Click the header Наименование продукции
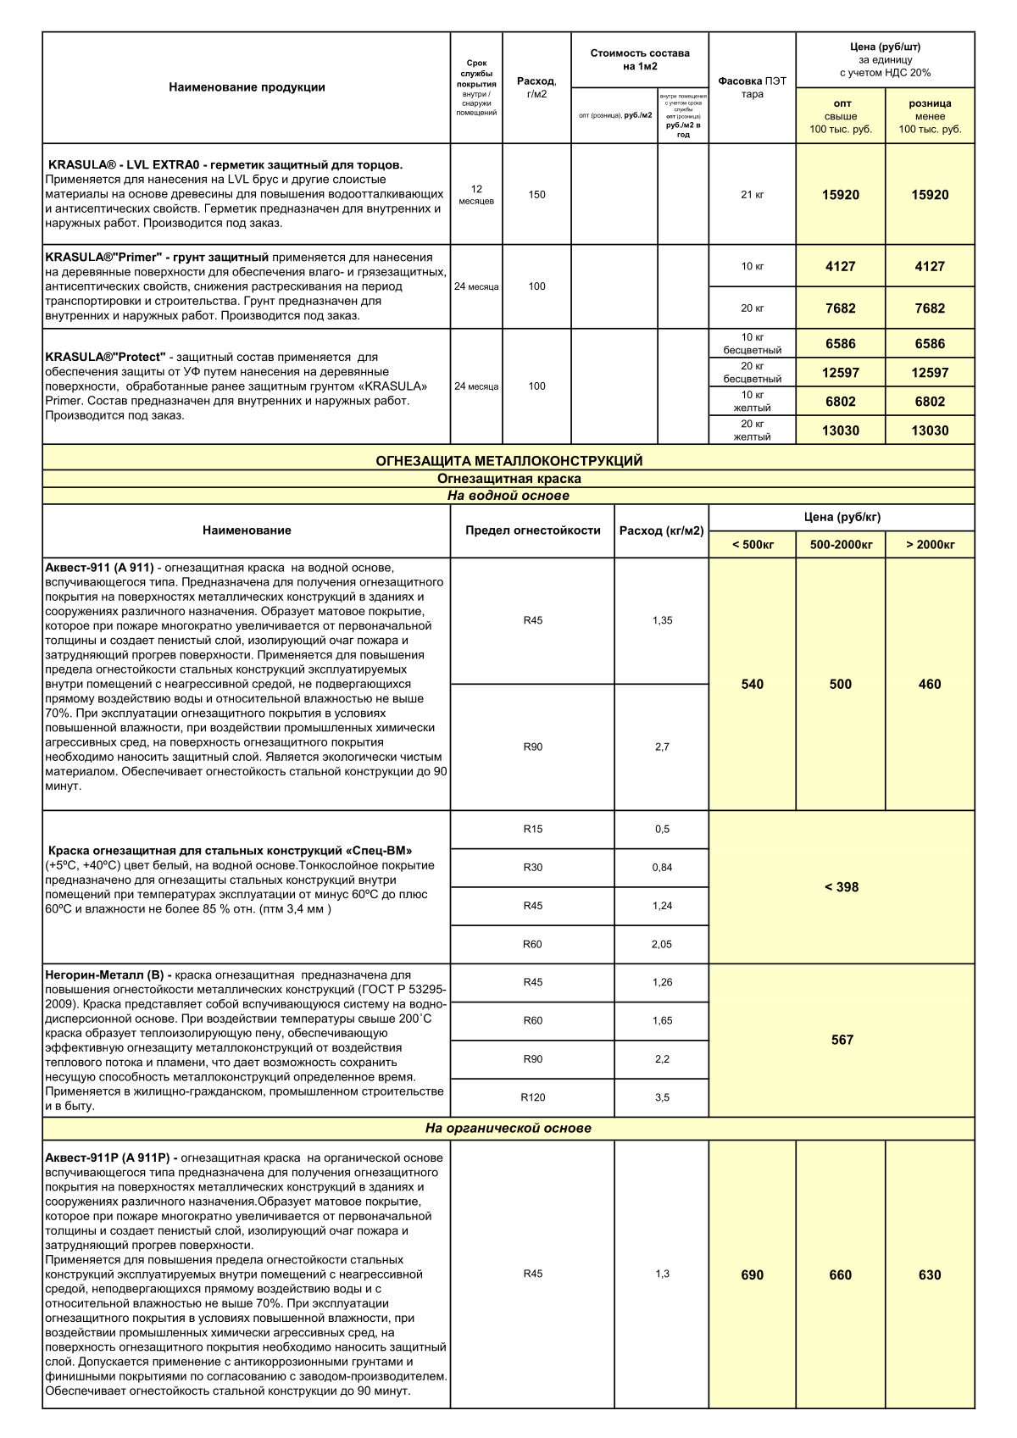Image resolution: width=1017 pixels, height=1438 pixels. click(x=247, y=87)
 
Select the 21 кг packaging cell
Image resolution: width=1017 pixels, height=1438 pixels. click(x=752, y=195)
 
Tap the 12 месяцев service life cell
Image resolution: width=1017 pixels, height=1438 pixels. click(x=476, y=195)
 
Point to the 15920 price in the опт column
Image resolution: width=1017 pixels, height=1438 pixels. click(x=840, y=195)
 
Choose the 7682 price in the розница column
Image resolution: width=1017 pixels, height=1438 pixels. click(x=930, y=308)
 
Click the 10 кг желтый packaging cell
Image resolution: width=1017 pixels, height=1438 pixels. click(x=752, y=402)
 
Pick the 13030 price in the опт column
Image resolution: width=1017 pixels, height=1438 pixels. click(x=840, y=430)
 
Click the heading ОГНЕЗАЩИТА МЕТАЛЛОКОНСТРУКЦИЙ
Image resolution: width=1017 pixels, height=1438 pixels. click(x=508, y=461)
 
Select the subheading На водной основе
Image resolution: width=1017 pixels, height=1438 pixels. click(x=508, y=496)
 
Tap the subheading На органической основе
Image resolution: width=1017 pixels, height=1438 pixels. click(x=508, y=1128)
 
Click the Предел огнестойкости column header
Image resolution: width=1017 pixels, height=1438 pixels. click(x=532, y=530)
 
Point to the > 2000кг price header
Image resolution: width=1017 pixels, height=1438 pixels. click(x=930, y=544)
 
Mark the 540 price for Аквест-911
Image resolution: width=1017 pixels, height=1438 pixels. click(x=752, y=684)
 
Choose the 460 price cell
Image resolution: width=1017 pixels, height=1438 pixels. click(x=930, y=684)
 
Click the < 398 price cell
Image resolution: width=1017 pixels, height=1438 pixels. click(x=842, y=887)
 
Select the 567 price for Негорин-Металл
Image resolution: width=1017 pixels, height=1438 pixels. click(x=842, y=1040)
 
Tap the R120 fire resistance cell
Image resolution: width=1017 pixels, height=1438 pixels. click(x=532, y=1097)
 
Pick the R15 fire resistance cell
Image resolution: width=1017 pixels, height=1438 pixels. click(x=532, y=829)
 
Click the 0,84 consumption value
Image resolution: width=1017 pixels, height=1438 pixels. click(x=662, y=867)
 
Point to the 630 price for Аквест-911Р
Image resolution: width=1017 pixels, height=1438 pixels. click(x=930, y=1274)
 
